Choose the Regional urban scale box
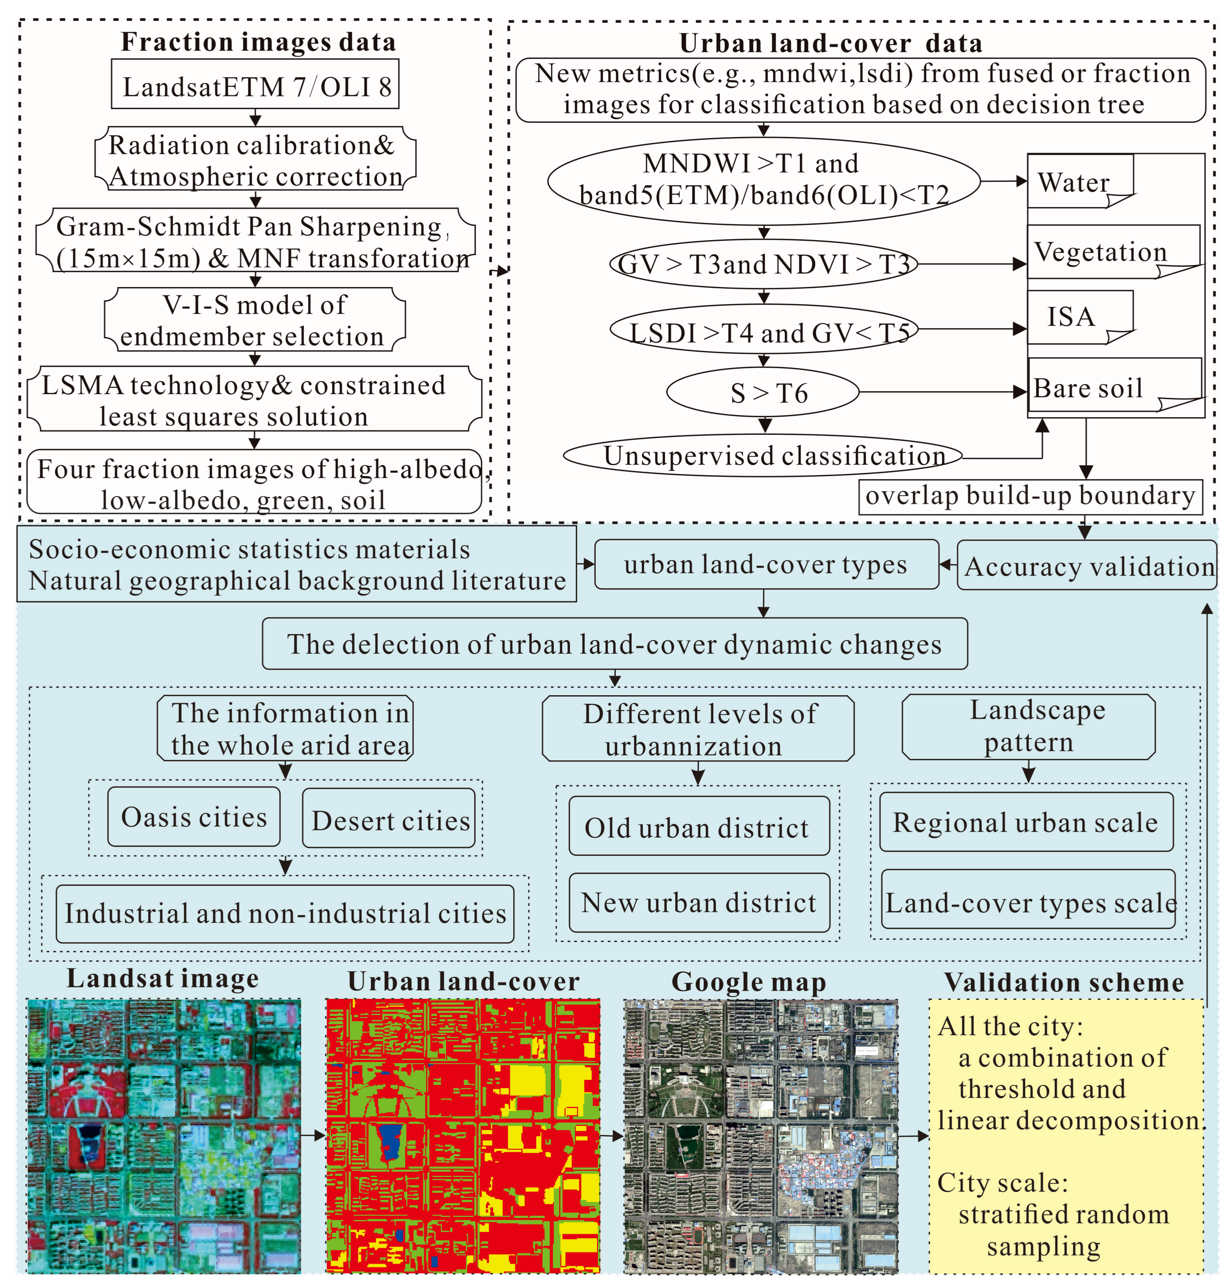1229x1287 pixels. click(1025, 822)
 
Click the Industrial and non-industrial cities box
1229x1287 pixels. click(285, 913)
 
